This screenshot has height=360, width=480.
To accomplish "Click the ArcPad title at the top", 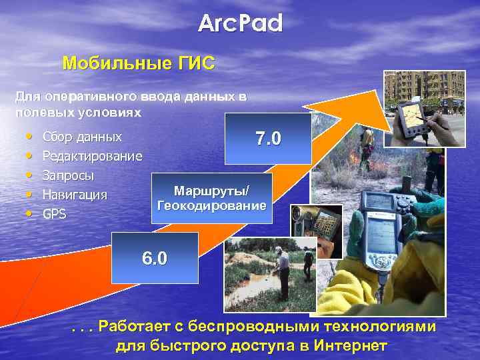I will pos(241,24).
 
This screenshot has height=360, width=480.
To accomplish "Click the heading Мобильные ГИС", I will pos(138,64).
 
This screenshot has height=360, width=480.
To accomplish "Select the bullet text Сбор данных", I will pos(82,137).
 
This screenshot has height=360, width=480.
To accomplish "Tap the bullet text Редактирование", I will pos(92,157).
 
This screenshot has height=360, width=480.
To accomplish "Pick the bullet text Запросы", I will pos(68,176).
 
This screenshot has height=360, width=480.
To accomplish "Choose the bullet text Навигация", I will pos(75,195).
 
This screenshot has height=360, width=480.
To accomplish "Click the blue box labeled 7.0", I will pos(268,139).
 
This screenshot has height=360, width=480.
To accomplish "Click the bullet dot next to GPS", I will pos(30,215).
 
